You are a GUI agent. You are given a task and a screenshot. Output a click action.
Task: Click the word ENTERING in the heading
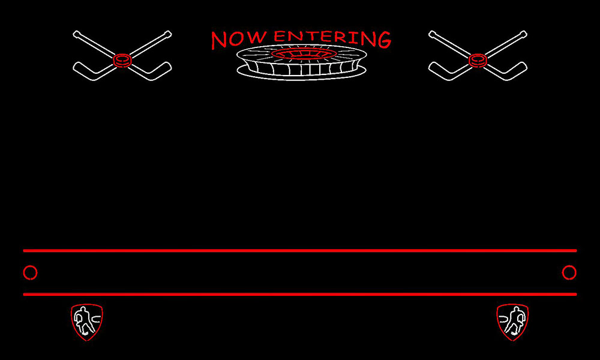tap(332, 38)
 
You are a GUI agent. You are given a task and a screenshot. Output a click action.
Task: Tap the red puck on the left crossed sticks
tap(122, 61)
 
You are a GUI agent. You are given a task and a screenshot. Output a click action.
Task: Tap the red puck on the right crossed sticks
tap(478, 61)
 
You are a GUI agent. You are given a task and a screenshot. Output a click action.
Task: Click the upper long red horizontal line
tap(299, 251)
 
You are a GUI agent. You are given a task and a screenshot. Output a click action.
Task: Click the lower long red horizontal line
tap(299, 294)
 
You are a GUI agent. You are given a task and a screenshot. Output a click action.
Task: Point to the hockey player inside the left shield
tap(83, 320)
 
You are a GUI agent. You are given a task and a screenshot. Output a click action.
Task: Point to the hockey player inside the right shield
tap(515, 320)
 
